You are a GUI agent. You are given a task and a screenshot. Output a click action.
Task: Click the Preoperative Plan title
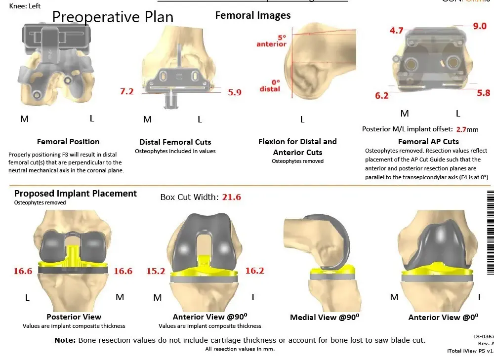[x=113, y=17]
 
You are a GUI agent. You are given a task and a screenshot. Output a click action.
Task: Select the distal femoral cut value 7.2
[x=127, y=91]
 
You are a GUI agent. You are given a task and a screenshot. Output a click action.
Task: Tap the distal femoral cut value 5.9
[x=235, y=92]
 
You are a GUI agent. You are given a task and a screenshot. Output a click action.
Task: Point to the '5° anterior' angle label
[x=271, y=40]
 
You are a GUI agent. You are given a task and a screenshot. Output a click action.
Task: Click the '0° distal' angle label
[x=269, y=85]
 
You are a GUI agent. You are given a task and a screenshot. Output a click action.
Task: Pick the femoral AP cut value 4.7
[x=396, y=31]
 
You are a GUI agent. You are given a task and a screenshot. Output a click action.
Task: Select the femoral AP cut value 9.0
[x=480, y=26]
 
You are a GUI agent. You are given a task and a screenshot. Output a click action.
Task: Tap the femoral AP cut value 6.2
[x=382, y=96]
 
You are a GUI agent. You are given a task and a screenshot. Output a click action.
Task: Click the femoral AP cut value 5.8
[x=484, y=92]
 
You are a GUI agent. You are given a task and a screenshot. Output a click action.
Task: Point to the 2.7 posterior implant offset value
[x=461, y=129]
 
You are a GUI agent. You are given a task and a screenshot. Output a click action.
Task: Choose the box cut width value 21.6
[x=232, y=197]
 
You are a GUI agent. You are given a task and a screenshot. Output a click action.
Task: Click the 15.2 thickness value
[x=156, y=271]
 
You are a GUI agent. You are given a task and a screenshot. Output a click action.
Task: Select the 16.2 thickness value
[x=255, y=271]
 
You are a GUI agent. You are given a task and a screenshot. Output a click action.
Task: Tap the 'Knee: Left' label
[x=25, y=6]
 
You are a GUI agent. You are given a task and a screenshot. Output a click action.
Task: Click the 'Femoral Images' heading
[x=253, y=15]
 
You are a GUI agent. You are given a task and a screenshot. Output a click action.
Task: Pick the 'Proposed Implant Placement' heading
[x=76, y=193]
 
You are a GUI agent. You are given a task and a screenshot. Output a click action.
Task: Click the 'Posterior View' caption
[x=74, y=317]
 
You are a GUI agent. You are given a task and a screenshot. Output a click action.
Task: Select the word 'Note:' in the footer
[x=65, y=340]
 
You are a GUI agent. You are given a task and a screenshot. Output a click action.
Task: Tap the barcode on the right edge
[x=490, y=232]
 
